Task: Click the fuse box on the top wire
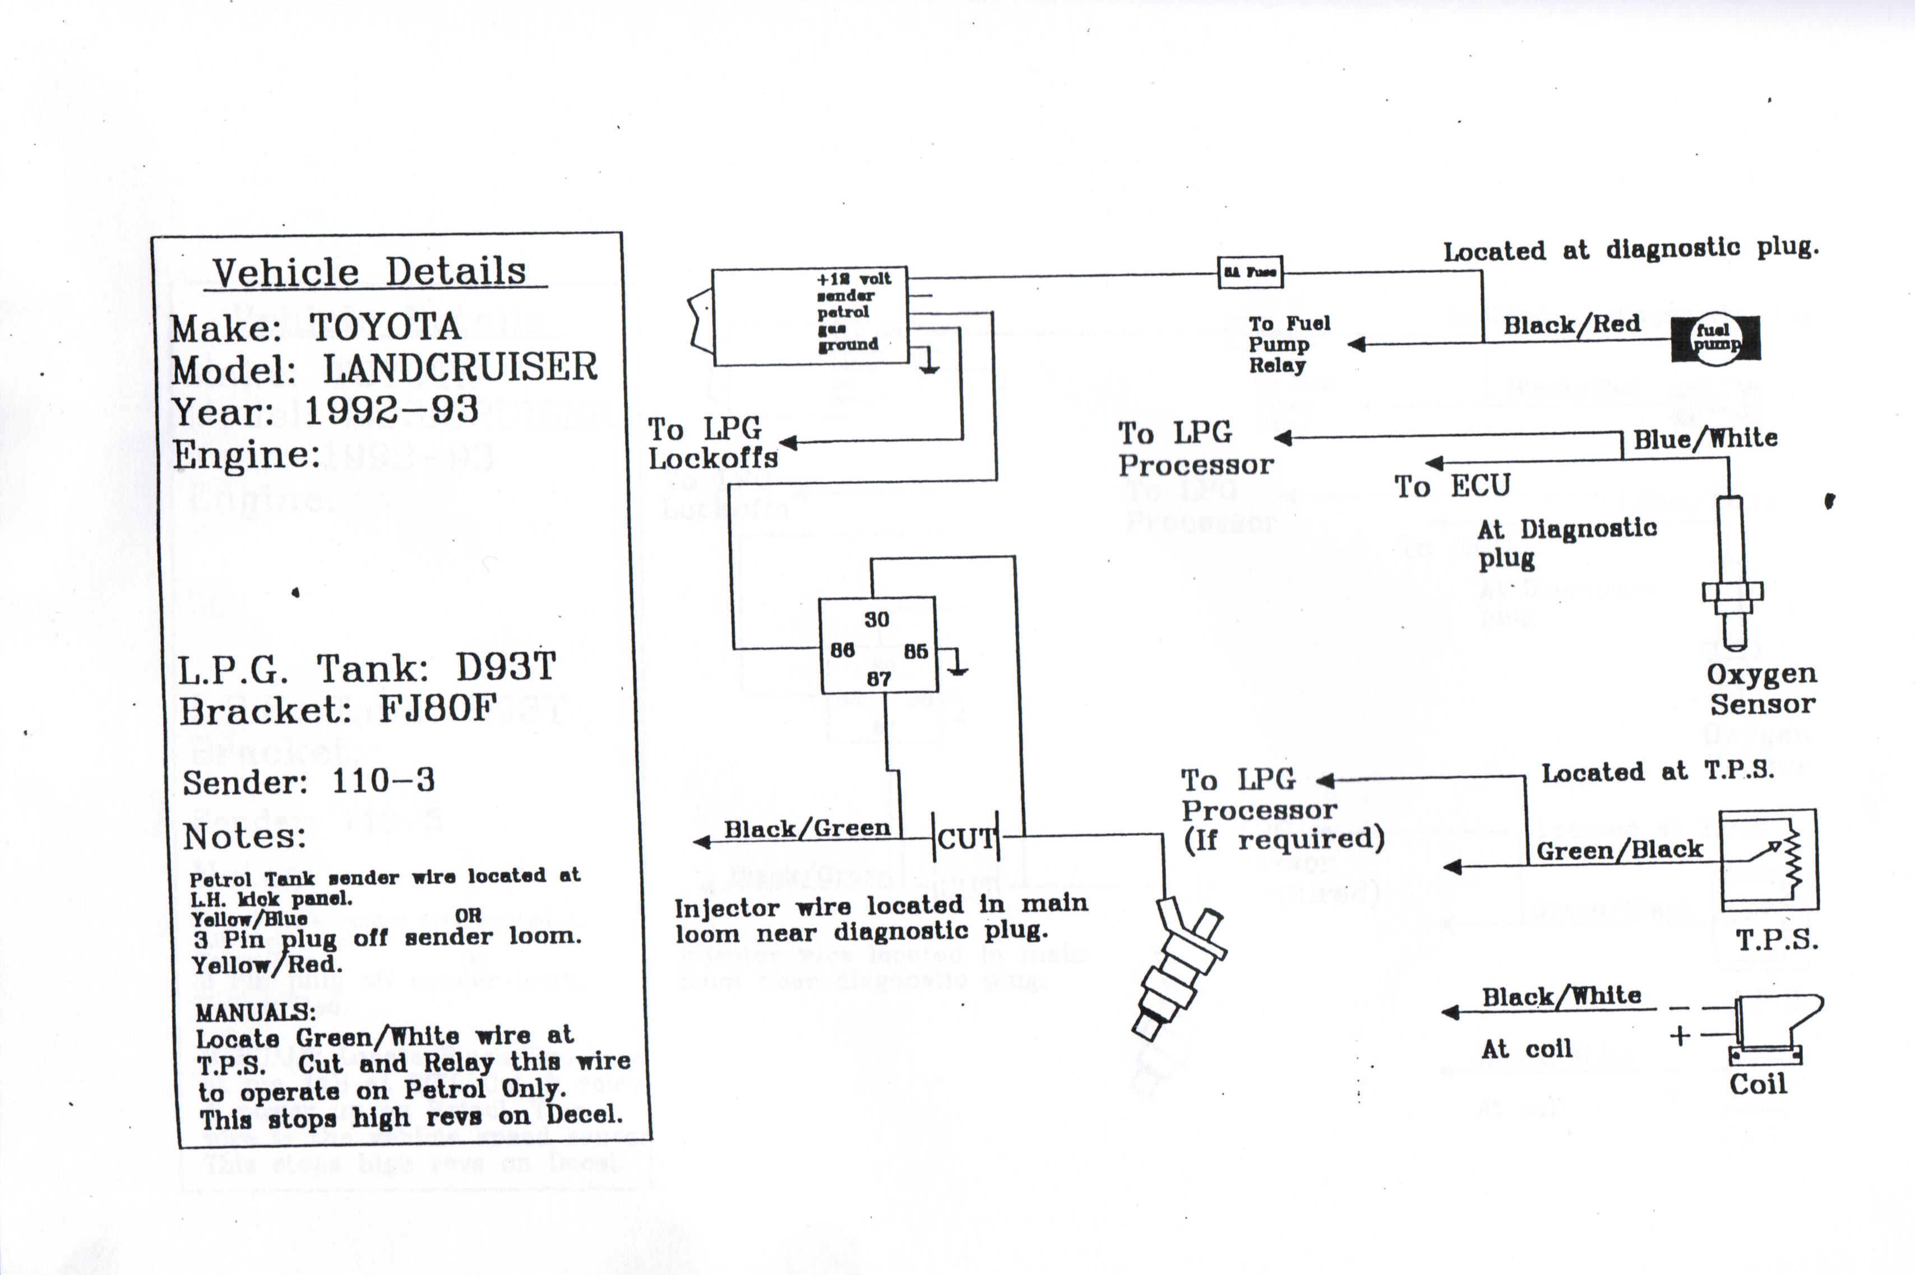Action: pyautogui.click(x=1250, y=272)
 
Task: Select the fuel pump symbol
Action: pyautogui.click(x=1715, y=339)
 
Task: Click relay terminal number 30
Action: pyautogui.click(x=876, y=620)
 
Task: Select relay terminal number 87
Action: pyautogui.click(x=878, y=678)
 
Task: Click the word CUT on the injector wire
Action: pyautogui.click(x=966, y=838)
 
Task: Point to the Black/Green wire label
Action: pyautogui.click(x=807, y=828)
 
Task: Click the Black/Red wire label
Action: pyautogui.click(x=1571, y=324)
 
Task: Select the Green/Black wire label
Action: pyautogui.click(x=1618, y=850)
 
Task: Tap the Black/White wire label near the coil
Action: pyautogui.click(x=1561, y=996)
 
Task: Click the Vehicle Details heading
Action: pyautogui.click(x=370, y=272)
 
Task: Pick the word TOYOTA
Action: pyautogui.click(x=385, y=327)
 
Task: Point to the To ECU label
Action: pyautogui.click(x=1453, y=486)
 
